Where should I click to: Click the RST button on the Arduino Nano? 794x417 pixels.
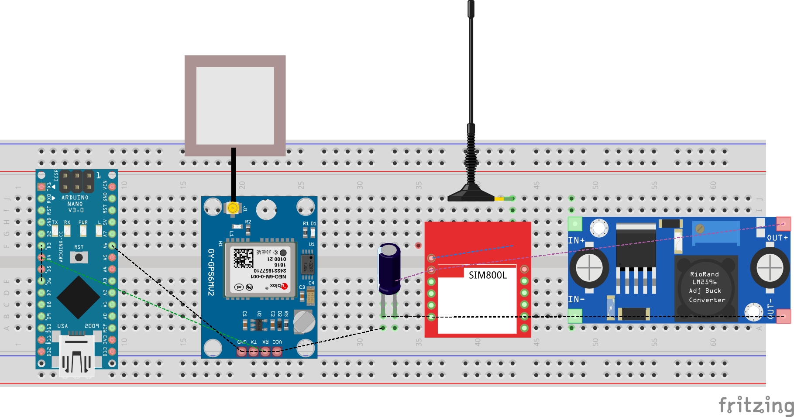coord(79,257)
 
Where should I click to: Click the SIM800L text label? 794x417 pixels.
coord(488,275)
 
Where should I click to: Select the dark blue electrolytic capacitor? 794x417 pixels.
coord(389,268)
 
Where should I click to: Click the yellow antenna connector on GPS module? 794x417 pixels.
coord(233,208)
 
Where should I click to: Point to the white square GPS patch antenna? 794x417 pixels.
coord(235,106)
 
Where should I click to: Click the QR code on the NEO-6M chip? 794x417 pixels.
coord(243,258)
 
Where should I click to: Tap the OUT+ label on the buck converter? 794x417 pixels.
coord(777,238)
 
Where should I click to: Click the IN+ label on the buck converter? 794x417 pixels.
coord(576,240)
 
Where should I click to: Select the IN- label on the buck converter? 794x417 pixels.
coord(576,299)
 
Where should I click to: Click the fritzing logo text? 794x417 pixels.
coord(756,406)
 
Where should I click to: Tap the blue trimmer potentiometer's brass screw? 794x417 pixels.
coord(700,229)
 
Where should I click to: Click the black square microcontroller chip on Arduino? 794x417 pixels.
coord(78,297)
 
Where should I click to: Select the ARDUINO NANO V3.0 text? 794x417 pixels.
coord(75,204)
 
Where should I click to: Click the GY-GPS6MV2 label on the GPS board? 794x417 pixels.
coord(211,272)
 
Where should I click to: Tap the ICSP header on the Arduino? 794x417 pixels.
coord(77,182)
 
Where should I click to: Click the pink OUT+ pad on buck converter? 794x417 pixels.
coord(784,224)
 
